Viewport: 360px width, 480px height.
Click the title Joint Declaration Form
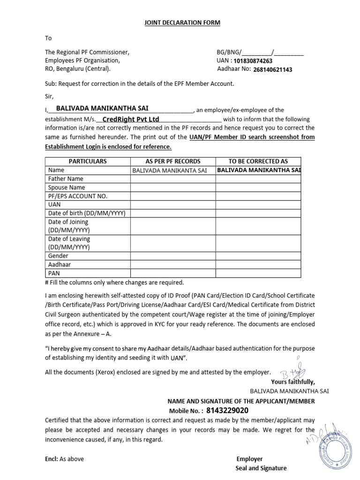coord(181,22)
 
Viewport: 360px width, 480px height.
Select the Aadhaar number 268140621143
coord(272,70)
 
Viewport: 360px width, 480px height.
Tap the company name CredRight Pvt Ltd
coord(131,119)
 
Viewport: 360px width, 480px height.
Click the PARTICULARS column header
coord(88,161)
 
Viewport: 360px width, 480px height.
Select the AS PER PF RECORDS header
coord(173,161)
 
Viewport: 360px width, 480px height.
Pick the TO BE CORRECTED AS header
coord(258,161)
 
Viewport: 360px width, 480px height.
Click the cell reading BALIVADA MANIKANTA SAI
coord(169,171)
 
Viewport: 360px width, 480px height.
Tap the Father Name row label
coord(66,179)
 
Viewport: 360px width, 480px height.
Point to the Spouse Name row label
coord(67,187)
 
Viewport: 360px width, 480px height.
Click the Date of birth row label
coord(87,213)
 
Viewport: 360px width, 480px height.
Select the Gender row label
coord(58,256)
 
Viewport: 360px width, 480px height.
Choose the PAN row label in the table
coord(54,273)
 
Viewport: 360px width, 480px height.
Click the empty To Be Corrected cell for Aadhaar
coord(258,264)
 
